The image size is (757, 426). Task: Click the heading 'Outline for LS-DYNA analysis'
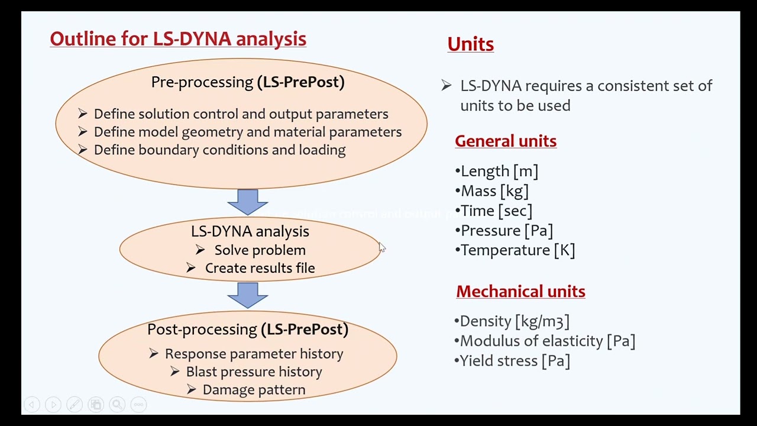point(178,39)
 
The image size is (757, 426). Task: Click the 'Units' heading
point(470,44)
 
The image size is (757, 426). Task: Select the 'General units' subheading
point(506,141)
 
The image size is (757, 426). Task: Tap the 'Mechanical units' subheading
point(520,292)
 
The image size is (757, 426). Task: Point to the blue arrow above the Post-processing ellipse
point(247,295)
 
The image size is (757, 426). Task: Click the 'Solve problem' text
point(260,250)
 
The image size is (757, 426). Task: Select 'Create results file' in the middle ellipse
point(260,268)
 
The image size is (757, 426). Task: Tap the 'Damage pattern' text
point(254,390)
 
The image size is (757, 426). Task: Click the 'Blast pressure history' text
point(254,372)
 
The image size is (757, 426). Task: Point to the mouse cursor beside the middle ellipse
point(382,248)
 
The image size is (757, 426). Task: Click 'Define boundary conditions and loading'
point(219,150)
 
